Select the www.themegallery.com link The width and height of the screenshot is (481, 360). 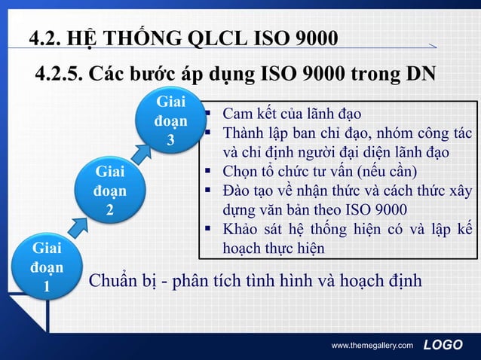tap(372, 345)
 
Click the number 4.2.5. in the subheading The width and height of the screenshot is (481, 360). tap(60, 75)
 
